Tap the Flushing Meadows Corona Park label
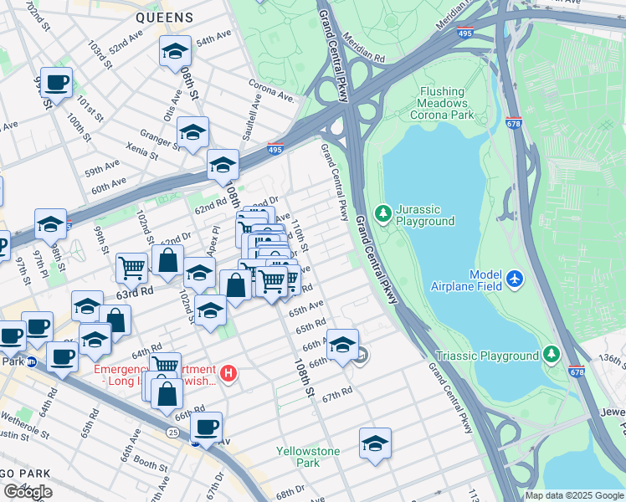point(443,104)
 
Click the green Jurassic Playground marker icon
point(383,214)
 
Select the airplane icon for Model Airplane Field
point(514,277)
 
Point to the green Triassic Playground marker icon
point(551,356)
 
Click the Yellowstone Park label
point(308,457)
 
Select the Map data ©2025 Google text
point(575,495)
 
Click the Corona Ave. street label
point(271,91)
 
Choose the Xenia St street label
point(139,151)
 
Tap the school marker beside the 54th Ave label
point(175,52)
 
